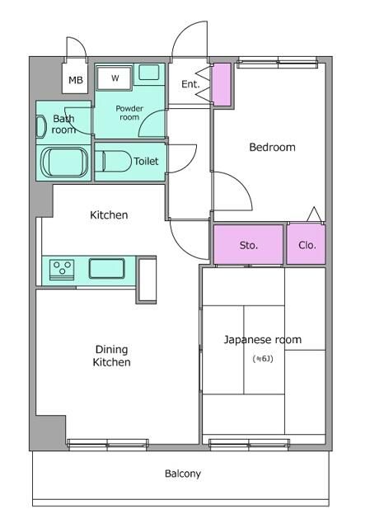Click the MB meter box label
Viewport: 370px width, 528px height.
(76, 80)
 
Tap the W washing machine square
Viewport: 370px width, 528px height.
(114, 78)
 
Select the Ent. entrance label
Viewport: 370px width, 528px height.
(190, 84)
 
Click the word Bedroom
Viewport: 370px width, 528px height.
(272, 147)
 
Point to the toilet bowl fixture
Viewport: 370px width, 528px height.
(113, 162)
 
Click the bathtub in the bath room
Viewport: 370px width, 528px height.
(64, 162)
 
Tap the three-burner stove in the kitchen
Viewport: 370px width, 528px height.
(62, 270)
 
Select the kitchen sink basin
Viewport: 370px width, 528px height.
(107, 268)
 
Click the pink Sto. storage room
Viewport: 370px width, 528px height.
(248, 244)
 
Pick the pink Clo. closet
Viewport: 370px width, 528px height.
(306, 244)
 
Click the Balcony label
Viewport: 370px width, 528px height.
(183, 474)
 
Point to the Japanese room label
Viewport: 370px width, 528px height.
(263, 339)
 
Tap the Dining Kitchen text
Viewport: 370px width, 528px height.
(112, 356)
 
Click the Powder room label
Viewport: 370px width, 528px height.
(129, 113)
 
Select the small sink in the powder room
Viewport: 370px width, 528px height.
(149, 73)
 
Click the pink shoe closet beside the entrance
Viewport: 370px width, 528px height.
(222, 84)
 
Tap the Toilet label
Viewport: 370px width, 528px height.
(146, 162)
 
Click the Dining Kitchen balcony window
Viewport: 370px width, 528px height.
(108, 445)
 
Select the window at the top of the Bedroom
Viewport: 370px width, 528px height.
(278, 63)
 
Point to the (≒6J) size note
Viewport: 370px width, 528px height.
(263, 359)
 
